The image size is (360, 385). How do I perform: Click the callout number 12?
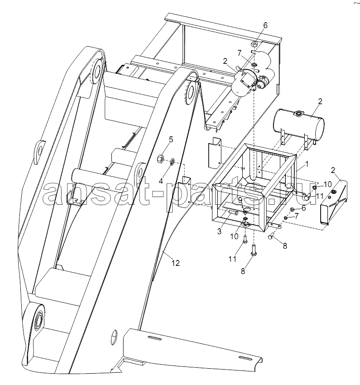(175, 263)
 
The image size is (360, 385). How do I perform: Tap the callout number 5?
(171, 140)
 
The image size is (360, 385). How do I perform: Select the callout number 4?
(161, 182)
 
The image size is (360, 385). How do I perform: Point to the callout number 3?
(219, 231)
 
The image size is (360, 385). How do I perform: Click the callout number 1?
(307, 164)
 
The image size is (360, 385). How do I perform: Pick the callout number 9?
(240, 201)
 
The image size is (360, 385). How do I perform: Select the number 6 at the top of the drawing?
(265, 25)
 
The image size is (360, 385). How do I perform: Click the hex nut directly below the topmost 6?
(254, 44)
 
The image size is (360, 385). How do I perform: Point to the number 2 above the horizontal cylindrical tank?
(320, 101)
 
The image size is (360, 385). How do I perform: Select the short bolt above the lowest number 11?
(245, 239)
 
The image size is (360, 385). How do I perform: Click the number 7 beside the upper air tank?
(239, 53)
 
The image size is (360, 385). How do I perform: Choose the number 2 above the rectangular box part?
(333, 170)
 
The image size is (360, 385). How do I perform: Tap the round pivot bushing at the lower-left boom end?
(39, 318)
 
